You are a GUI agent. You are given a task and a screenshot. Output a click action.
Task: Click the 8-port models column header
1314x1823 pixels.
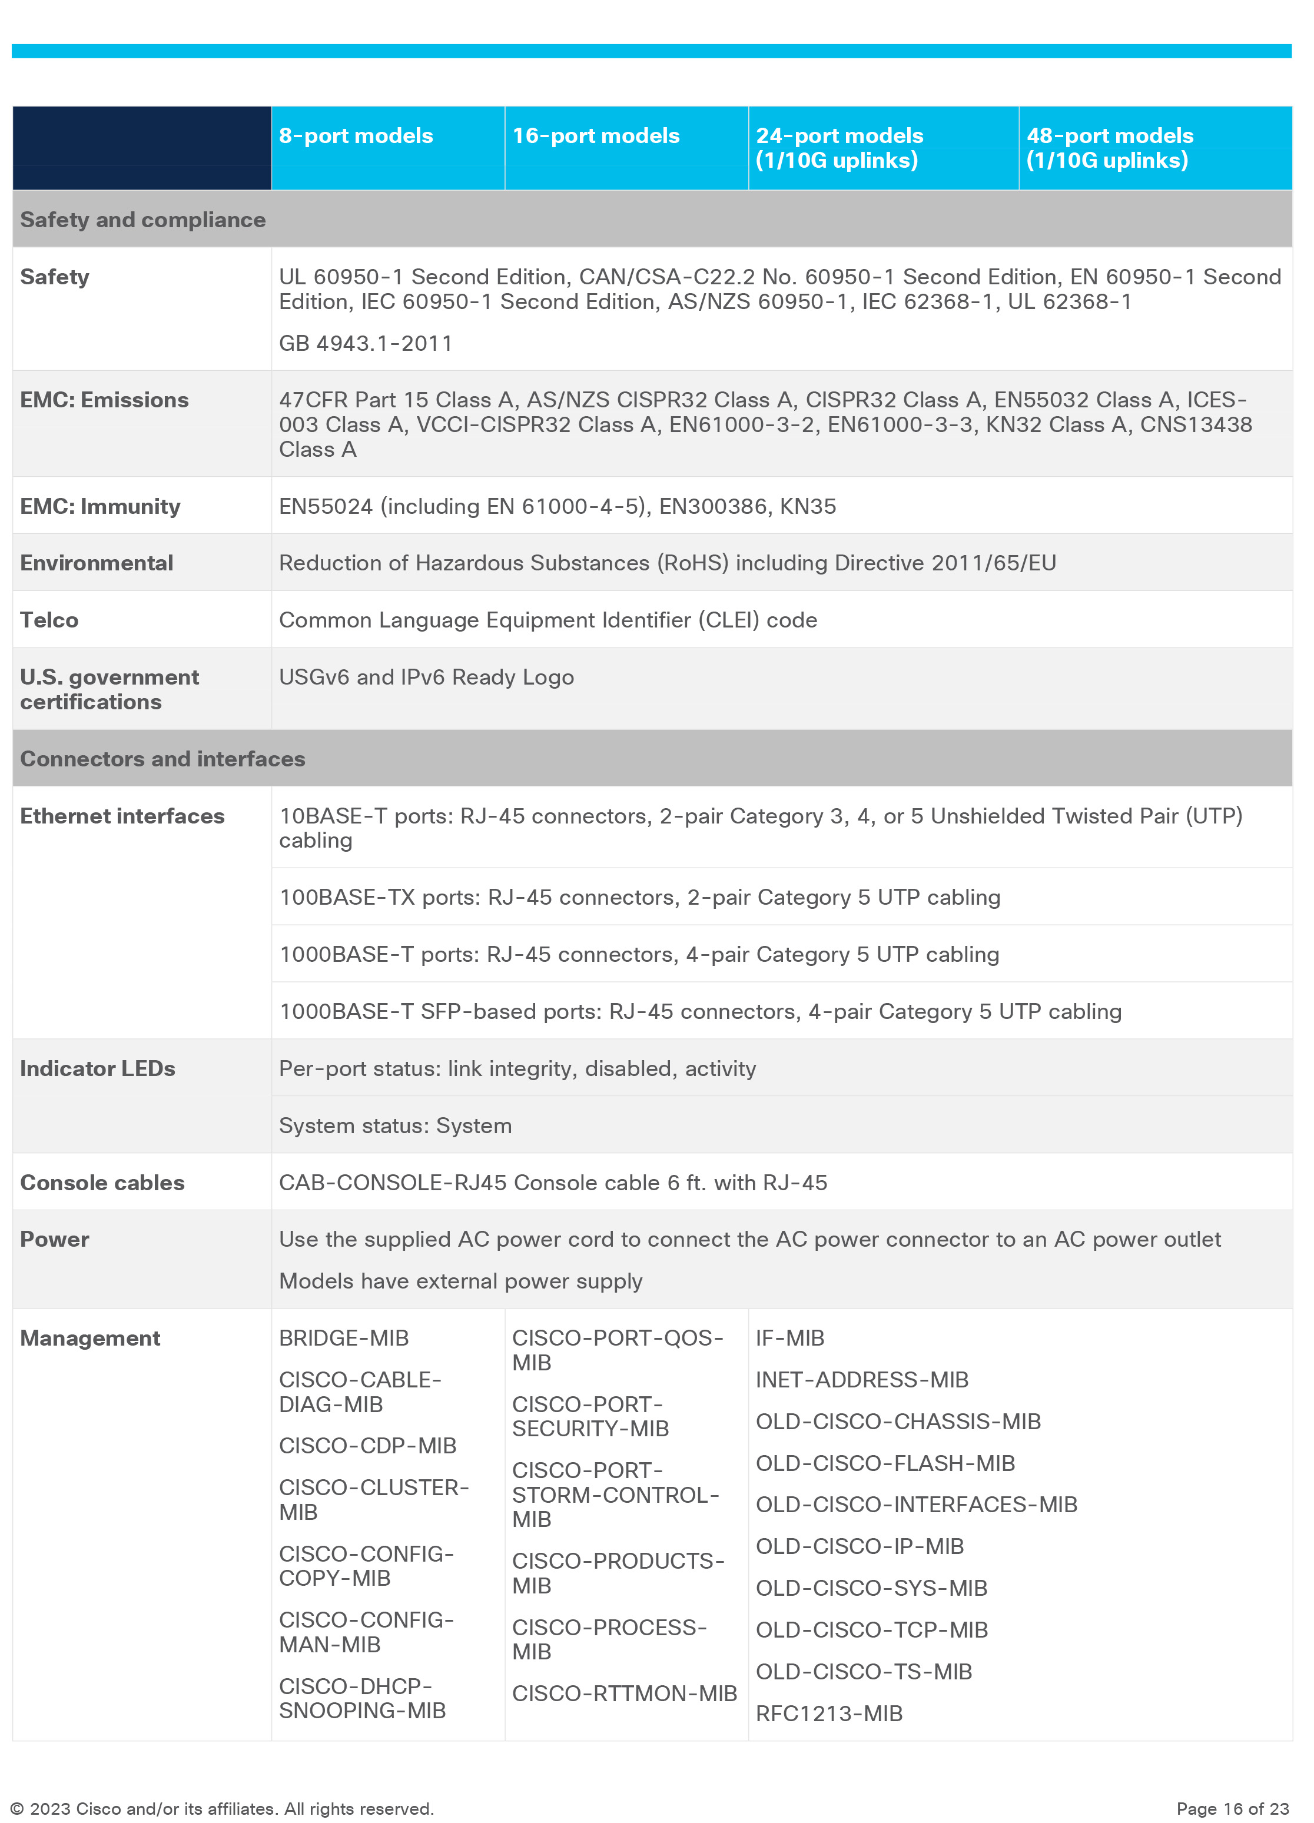tap(356, 136)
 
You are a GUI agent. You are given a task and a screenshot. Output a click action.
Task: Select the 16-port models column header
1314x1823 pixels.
tap(596, 136)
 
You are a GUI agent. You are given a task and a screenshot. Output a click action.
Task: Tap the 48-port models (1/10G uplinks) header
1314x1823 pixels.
tap(1109, 148)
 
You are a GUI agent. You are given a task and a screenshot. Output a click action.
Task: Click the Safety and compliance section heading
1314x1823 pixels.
tap(143, 220)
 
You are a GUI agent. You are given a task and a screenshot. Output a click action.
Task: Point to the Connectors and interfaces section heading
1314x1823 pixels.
tap(162, 759)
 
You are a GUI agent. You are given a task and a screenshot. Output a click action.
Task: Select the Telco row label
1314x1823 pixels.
tap(49, 620)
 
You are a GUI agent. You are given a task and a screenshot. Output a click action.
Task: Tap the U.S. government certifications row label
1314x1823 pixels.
tap(109, 689)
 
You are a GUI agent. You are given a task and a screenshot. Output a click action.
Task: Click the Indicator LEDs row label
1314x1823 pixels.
tap(97, 1068)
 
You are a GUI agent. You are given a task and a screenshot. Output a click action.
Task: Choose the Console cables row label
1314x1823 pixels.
tap(102, 1183)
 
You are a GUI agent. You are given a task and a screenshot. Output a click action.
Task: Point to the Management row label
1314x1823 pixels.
tap(90, 1337)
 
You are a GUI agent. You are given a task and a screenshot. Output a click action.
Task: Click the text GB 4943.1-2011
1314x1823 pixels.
tap(366, 343)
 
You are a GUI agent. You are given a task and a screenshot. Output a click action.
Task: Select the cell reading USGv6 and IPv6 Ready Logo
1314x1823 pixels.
tap(426, 677)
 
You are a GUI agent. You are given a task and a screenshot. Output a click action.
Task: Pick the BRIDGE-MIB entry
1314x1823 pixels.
tap(344, 1337)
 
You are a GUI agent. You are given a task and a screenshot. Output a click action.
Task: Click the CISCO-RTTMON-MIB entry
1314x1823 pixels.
tap(625, 1693)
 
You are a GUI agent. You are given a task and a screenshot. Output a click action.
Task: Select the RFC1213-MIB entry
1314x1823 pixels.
tap(828, 1713)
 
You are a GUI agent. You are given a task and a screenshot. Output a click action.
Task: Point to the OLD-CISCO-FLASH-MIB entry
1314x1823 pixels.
tap(885, 1463)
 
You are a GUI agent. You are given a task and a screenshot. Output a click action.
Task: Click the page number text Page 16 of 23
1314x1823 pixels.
tap(1232, 1808)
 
